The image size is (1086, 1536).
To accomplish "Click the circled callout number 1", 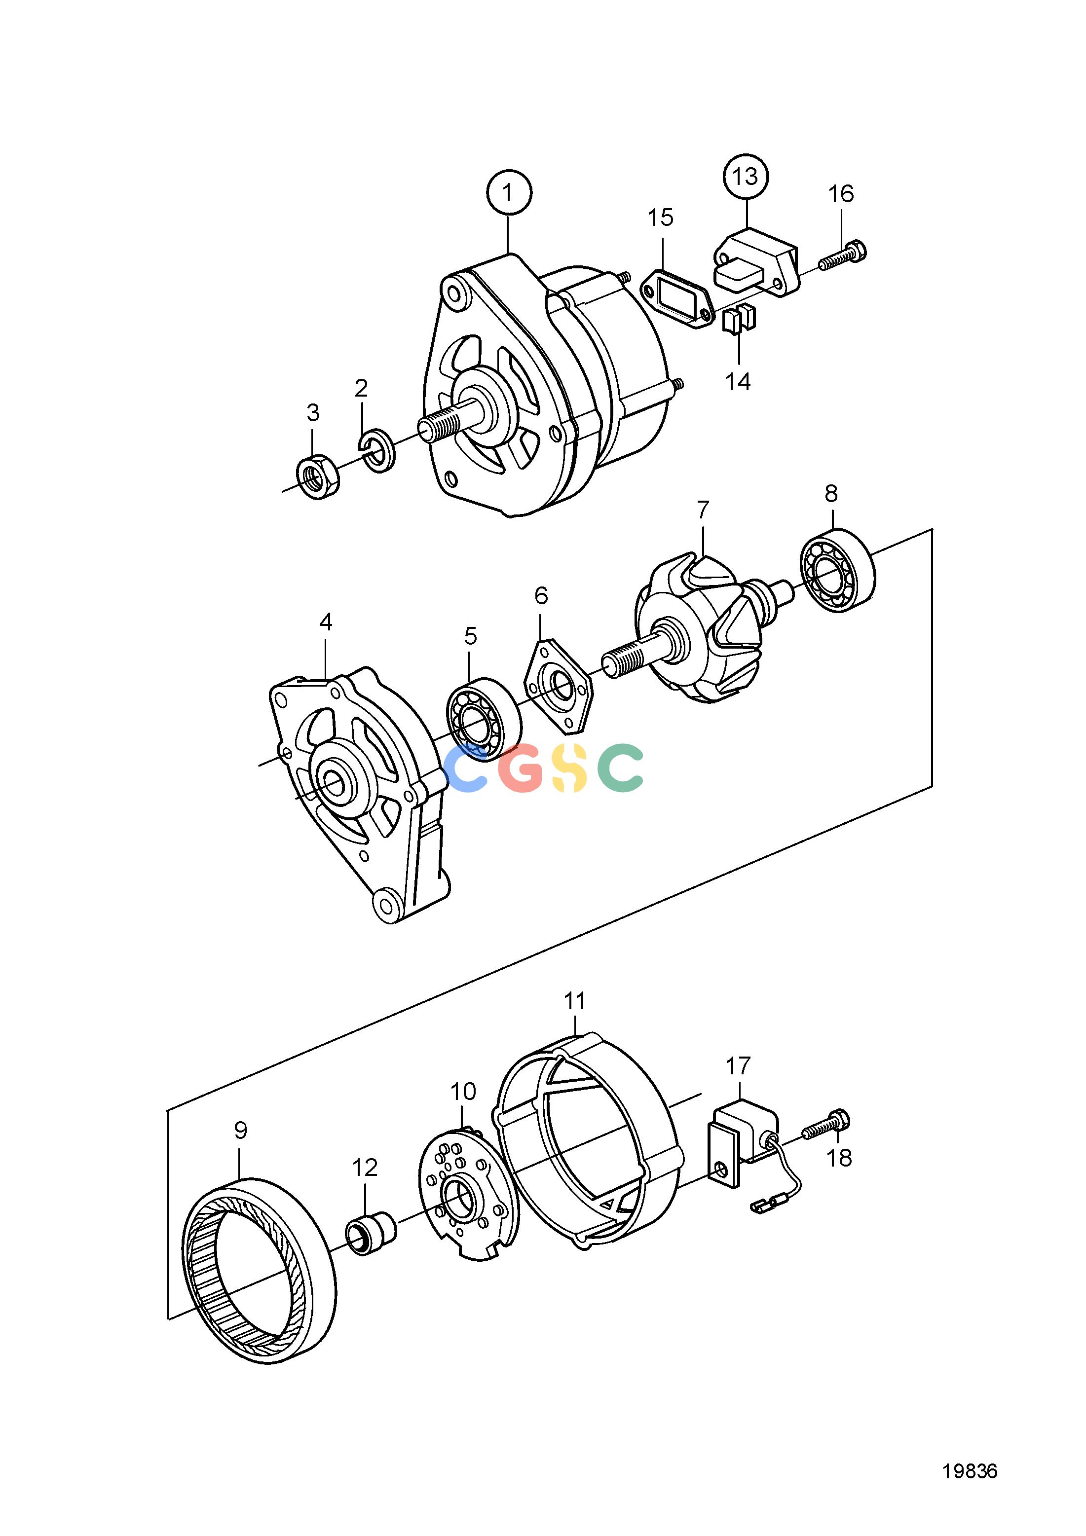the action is pos(509,193).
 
